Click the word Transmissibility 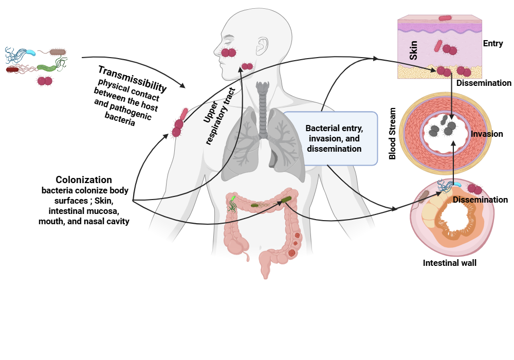coord(133,79)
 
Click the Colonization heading coord(84,179)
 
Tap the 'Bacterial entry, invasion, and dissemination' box coord(330,138)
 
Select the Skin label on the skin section coord(413,50)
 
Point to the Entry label coord(493,43)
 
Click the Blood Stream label coord(392,133)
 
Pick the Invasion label coord(487,134)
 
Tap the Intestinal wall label coord(449,263)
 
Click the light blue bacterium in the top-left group coord(30,52)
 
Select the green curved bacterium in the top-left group coord(47,67)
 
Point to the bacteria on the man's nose coord(229,52)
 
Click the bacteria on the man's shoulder coord(179,123)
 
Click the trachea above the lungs coord(263,110)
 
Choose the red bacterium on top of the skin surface coord(446,18)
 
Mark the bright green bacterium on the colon coord(233,199)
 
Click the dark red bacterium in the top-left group coord(12,69)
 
